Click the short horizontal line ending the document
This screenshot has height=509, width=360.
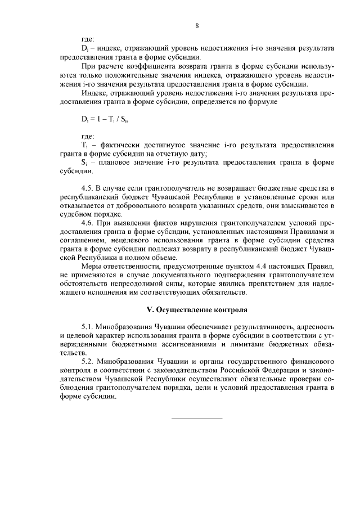pyautogui.click(x=196, y=417)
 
